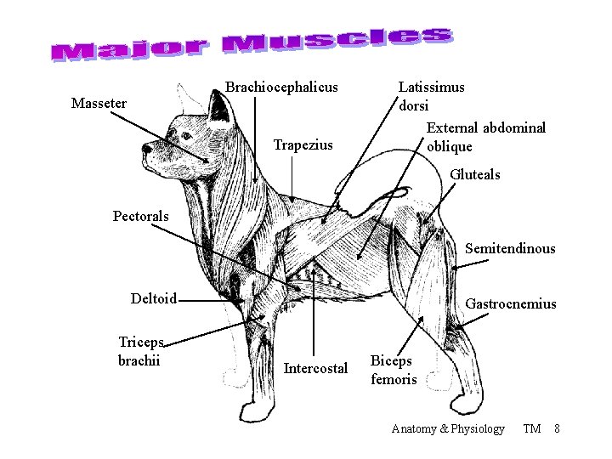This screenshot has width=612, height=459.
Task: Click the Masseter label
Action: (x=99, y=104)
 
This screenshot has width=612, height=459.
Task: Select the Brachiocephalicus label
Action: (x=281, y=87)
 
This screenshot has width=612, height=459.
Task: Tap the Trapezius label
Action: (x=303, y=145)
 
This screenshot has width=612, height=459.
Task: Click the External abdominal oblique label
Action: (x=486, y=136)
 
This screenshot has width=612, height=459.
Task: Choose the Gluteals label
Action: (x=474, y=174)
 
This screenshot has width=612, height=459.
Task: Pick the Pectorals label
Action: (x=141, y=216)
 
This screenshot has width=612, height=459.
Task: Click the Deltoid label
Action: (x=153, y=298)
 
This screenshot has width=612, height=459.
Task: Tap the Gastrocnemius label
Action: (x=511, y=303)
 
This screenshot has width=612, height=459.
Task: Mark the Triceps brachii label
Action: (x=140, y=349)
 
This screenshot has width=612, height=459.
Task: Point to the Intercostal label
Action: (x=315, y=369)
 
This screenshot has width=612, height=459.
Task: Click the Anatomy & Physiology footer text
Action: (x=447, y=428)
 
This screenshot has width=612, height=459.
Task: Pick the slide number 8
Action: (x=556, y=428)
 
